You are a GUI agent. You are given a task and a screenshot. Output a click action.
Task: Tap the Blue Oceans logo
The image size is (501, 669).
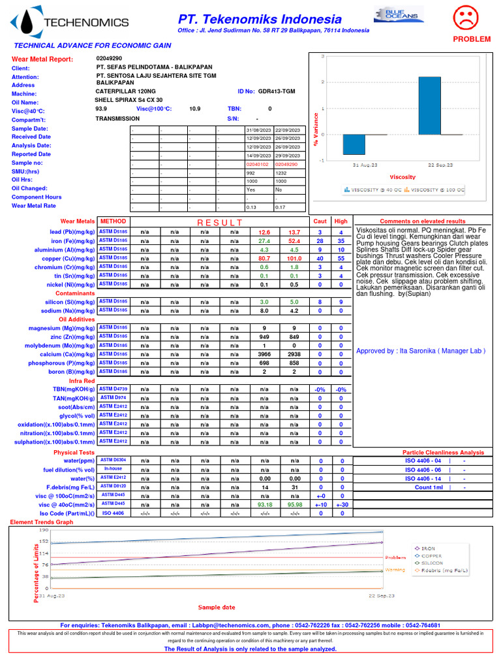(399, 14)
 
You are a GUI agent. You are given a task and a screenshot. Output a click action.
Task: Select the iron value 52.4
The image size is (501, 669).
(294, 240)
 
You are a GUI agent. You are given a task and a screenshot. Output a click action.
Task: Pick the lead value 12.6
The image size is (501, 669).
(264, 232)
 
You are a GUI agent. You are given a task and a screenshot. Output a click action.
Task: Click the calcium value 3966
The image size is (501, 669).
(264, 354)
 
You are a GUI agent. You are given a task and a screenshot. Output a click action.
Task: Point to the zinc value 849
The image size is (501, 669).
(294, 336)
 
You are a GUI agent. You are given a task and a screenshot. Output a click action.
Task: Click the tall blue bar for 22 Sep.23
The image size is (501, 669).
(429, 105)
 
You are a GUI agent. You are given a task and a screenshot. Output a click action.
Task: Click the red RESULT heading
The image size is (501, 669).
(219, 223)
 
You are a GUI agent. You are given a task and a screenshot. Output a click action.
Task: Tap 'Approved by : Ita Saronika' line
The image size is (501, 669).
(421, 351)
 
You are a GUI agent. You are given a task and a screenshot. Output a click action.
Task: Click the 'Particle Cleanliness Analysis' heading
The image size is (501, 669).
(443, 452)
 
